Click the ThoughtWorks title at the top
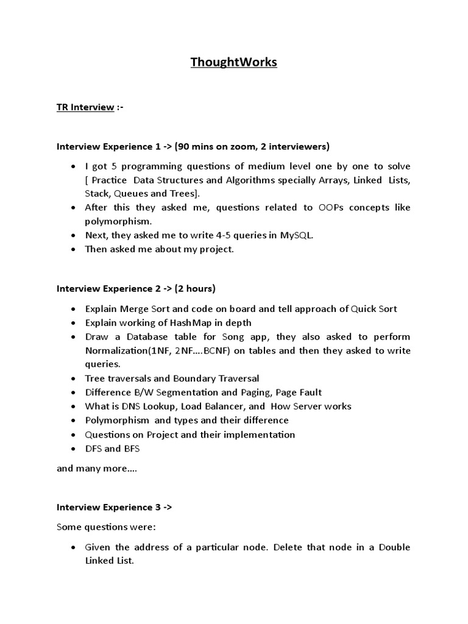(233, 62)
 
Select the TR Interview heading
(85, 107)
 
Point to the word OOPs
(332, 207)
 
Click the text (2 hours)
(195, 288)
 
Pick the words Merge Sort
(139, 309)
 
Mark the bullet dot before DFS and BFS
(73, 449)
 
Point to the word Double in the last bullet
(394, 547)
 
